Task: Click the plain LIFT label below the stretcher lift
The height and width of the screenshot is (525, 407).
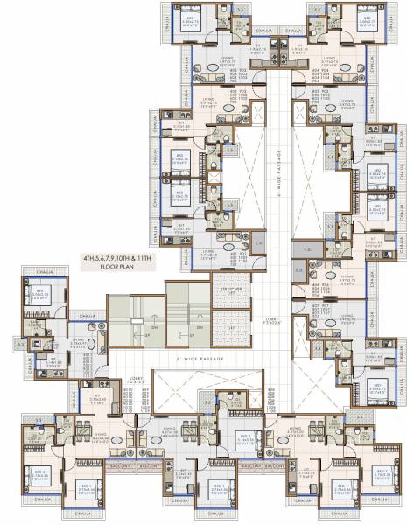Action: coord(230,325)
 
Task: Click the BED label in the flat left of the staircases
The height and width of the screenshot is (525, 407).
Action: coord(39,294)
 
